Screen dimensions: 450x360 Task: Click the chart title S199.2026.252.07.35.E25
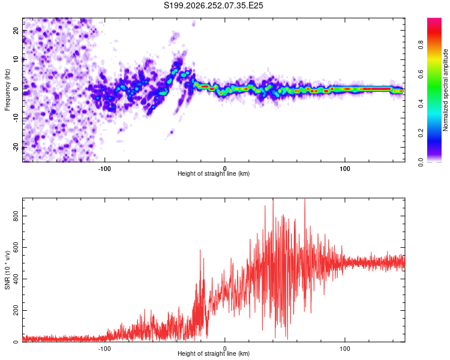213,5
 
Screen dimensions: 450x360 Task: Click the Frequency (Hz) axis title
7,90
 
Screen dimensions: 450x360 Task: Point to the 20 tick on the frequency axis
16,31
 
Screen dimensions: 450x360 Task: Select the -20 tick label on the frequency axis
16,147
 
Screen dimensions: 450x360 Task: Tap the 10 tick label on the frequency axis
16,59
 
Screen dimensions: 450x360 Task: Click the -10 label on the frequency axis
16,118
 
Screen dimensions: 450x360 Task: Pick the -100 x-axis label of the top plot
104,169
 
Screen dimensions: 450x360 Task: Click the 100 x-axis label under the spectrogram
344,169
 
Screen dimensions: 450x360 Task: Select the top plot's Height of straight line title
214,173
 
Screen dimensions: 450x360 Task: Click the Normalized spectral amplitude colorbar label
445,90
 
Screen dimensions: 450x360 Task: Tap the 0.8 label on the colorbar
421,45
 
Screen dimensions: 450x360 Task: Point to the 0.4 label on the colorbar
421,103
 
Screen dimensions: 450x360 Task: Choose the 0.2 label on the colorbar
421,133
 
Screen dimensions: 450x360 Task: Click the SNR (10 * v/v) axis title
7,270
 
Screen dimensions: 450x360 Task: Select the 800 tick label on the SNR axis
16,216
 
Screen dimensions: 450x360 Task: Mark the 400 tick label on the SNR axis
16,279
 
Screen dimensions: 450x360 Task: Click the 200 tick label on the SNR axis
16,310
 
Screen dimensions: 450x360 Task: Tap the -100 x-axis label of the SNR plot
104,349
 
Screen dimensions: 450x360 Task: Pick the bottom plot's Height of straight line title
214,353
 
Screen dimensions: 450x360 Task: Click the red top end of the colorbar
434,20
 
